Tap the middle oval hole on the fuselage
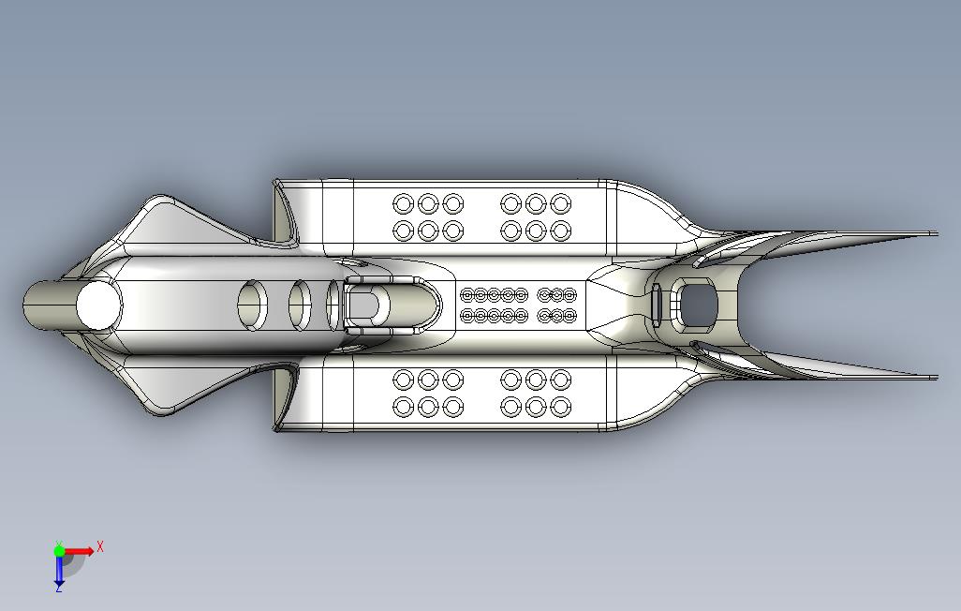pyautogui.click(x=300, y=305)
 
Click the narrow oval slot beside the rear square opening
pyautogui.click(x=657, y=304)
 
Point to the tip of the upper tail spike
pyautogui.click(x=934, y=233)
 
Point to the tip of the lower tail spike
pyautogui.click(x=934, y=378)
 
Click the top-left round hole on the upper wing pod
pyautogui.click(x=404, y=203)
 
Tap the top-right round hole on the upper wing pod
pyautogui.click(x=560, y=203)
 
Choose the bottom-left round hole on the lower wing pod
pyautogui.click(x=404, y=408)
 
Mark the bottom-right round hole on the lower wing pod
pyautogui.click(x=560, y=408)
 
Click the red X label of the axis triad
pyautogui.click(x=100, y=546)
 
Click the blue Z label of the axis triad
pyautogui.click(x=58, y=589)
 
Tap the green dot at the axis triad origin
pyautogui.click(x=59, y=551)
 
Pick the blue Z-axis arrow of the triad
pyautogui.click(x=59, y=570)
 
